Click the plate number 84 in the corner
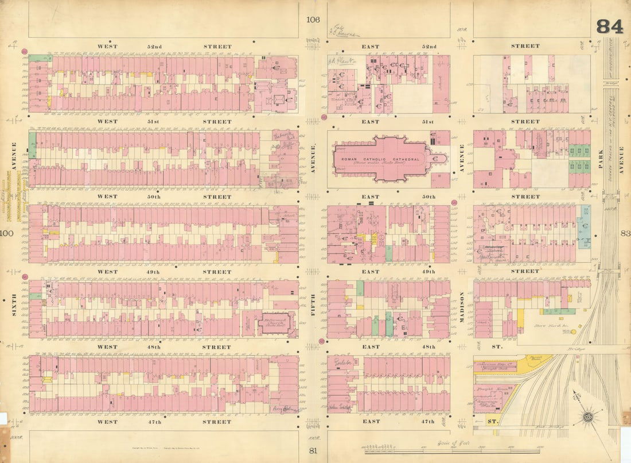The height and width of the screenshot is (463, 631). [x=609, y=26]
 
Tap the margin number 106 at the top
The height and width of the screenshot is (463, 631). [x=313, y=20]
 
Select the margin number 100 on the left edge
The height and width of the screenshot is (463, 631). [x=7, y=233]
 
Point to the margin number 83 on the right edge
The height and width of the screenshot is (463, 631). [x=625, y=233]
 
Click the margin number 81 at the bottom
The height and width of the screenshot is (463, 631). [x=313, y=450]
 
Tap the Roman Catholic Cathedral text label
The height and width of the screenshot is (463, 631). [x=380, y=159]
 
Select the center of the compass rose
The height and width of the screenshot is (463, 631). [x=587, y=415]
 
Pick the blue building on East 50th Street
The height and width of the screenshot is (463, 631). [x=585, y=226]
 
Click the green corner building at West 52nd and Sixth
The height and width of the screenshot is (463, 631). [x=37, y=59]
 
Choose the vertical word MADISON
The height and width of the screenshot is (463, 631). [x=462, y=307]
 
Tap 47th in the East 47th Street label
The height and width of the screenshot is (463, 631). [x=427, y=422]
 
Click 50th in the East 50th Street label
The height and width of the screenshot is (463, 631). [x=427, y=197]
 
